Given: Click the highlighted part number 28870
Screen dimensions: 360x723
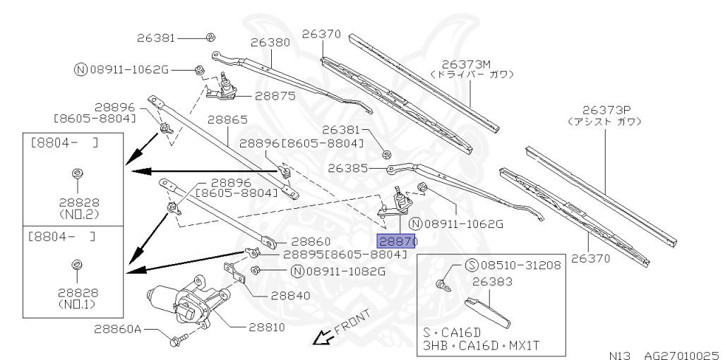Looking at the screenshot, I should point(398,241).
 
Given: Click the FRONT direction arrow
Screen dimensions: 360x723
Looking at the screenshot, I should point(323,340).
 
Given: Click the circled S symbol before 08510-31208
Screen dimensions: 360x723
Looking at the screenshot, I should point(472,266).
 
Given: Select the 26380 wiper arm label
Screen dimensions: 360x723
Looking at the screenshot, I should point(270,42).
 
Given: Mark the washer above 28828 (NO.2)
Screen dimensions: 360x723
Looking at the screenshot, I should point(76,173).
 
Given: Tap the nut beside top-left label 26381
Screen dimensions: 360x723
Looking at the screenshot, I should point(211,37).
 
